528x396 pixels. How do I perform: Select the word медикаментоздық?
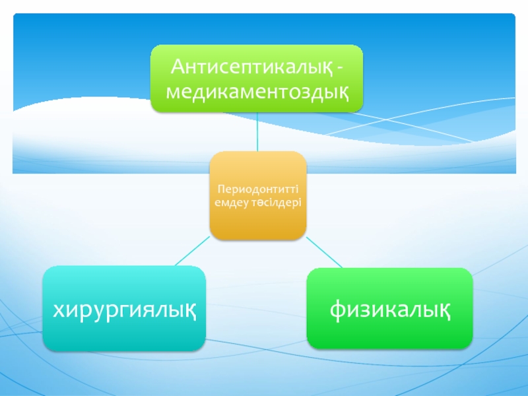coord(257,92)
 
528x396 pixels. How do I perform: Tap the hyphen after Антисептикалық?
coord(340,69)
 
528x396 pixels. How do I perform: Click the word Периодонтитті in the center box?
coord(258,189)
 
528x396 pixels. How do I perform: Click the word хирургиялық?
coord(124,310)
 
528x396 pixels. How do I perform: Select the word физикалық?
coord(390,310)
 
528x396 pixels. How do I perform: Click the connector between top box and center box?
coord(257,131)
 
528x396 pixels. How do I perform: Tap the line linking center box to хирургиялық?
coord(192,251)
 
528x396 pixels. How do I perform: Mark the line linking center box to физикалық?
coord(324,253)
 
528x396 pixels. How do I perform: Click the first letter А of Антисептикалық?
coord(178,67)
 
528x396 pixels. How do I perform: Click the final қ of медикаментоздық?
coord(342,93)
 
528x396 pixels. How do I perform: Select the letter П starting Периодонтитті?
coord(221,189)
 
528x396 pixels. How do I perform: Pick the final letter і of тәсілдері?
coord(300,202)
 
